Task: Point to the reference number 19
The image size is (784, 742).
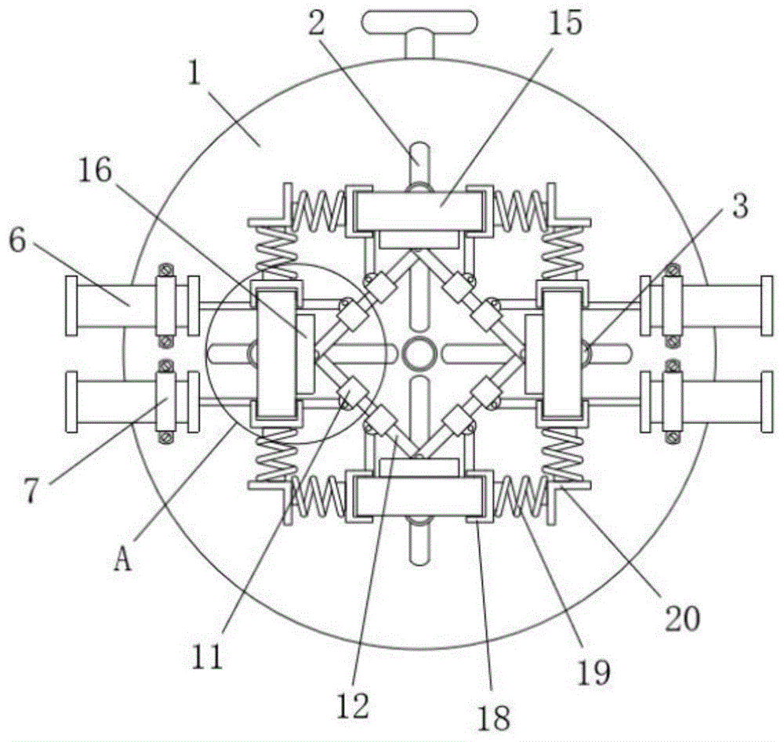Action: [594, 672]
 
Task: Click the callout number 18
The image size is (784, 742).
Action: [493, 718]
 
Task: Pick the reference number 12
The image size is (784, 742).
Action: [353, 705]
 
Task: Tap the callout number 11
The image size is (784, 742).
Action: [206, 657]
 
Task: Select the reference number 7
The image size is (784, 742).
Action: [31, 490]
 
